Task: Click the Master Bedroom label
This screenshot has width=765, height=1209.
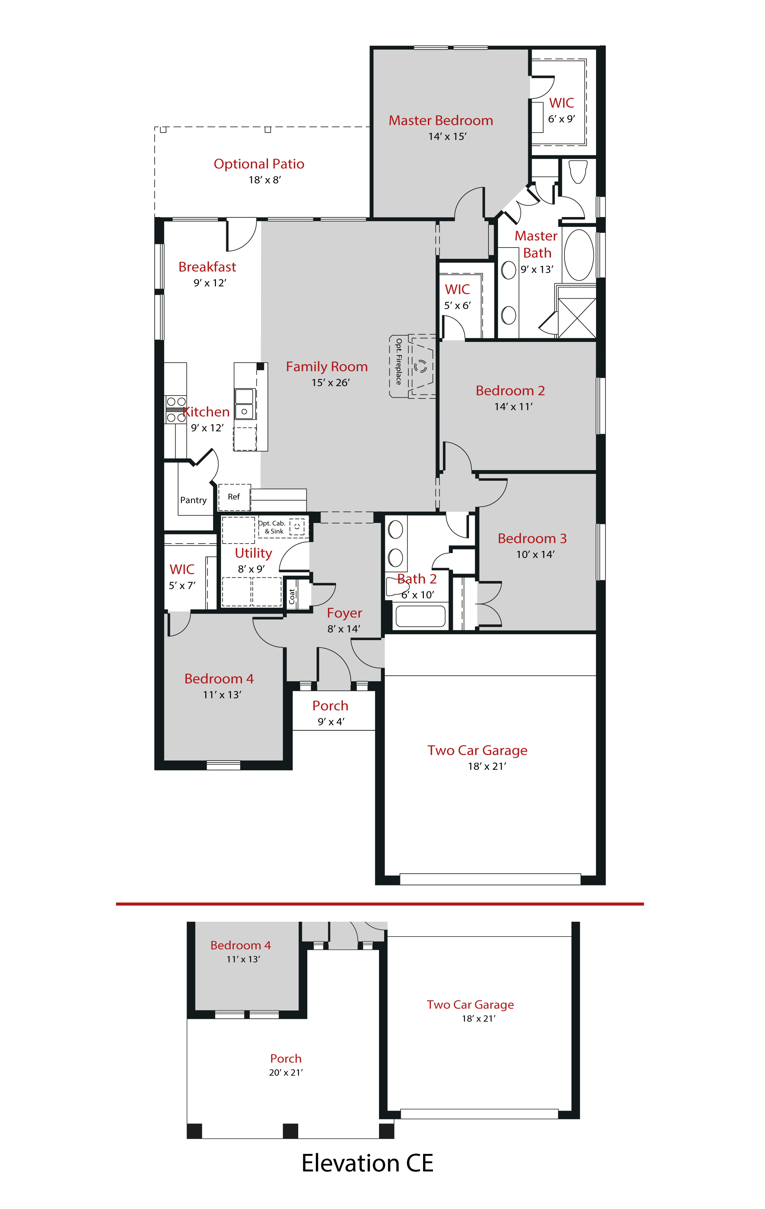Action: click(x=440, y=120)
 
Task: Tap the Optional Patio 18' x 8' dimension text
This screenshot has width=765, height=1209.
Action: click(x=264, y=180)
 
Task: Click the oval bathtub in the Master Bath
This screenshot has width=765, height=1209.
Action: click(x=578, y=255)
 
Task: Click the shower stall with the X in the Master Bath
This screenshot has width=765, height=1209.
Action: click(x=577, y=318)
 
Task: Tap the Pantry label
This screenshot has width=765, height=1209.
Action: click(x=193, y=500)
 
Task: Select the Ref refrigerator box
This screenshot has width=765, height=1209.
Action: click(x=234, y=497)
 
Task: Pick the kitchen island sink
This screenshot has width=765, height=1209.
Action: click(x=245, y=404)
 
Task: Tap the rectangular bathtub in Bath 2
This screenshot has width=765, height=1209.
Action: click(x=420, y=616)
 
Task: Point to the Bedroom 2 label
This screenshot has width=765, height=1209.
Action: click(x=510, y=391)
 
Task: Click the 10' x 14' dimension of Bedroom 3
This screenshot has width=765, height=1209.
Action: click(x=535, y=554)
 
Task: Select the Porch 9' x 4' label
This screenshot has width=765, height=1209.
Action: click(x=330, y=706)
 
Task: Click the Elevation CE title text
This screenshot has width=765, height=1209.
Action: click(x=367, y=1163)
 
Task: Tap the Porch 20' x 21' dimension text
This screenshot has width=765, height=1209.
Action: click(x=286, y=1072)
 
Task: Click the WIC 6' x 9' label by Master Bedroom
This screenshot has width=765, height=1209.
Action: click(x=561, y=103)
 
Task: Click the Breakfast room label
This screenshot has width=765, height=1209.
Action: click(x=207, y=267)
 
